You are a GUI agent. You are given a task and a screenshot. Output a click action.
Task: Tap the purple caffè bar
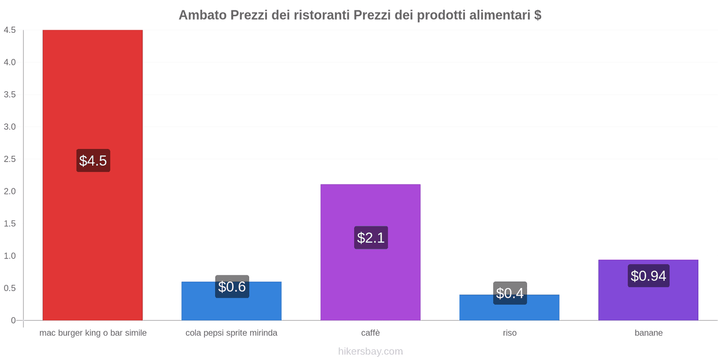[x=370, y=279]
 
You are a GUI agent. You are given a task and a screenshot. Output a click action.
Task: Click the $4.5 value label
[x=93, y=161]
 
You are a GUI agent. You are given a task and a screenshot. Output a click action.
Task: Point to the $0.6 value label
[x=232, y=287]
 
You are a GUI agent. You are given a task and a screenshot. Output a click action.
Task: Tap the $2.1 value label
[x=371, y=238]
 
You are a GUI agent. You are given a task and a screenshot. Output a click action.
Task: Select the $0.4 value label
[x=510, y=293]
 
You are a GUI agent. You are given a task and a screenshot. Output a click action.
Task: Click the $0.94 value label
[x=648, y=276]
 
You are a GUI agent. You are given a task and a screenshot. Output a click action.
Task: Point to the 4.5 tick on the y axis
[x=10, y=30]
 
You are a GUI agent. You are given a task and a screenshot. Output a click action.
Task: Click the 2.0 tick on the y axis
[x=10, y=191]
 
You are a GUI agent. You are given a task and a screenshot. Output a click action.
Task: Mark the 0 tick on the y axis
[x=13, y=320]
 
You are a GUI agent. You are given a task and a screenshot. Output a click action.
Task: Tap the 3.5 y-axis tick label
[x=10, y=94]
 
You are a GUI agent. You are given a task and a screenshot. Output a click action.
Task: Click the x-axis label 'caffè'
[x=370, y=333]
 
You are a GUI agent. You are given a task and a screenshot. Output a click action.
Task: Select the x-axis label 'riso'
[x=509, y=333]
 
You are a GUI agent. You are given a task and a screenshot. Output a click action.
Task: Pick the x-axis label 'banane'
[x=648, y=333]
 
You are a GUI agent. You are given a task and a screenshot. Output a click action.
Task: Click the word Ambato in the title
[x=202, y=15]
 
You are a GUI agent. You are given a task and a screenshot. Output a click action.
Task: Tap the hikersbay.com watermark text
[x=370, y=351]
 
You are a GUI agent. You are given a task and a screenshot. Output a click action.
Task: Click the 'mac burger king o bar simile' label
[x=93, y=333]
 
